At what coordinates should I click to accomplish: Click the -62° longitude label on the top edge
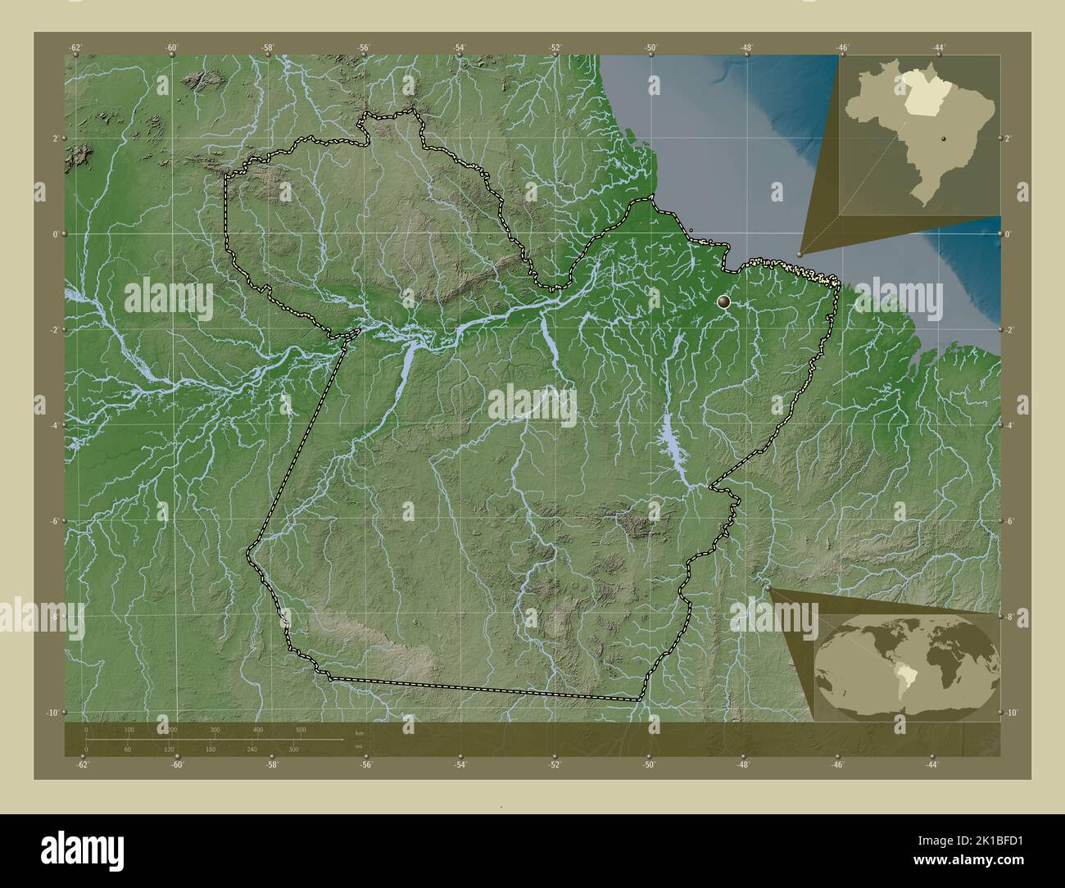point(76,48)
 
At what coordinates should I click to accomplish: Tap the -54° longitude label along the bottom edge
point(460,765)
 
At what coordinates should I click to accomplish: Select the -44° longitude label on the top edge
point(939,48)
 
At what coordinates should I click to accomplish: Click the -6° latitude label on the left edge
point(54,521)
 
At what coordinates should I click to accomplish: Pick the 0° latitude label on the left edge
point(56,234)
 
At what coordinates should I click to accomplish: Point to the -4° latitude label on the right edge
point(1009,425)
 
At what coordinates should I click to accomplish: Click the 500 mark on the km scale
point(301,729)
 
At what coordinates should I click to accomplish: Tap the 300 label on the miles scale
point(292,750)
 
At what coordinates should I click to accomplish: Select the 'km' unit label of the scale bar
point(359,732)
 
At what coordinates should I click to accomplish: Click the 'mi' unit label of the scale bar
point(358,745)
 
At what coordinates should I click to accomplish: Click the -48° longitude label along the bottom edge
point(743,765)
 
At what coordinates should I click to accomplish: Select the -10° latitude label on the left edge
point(53,713)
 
